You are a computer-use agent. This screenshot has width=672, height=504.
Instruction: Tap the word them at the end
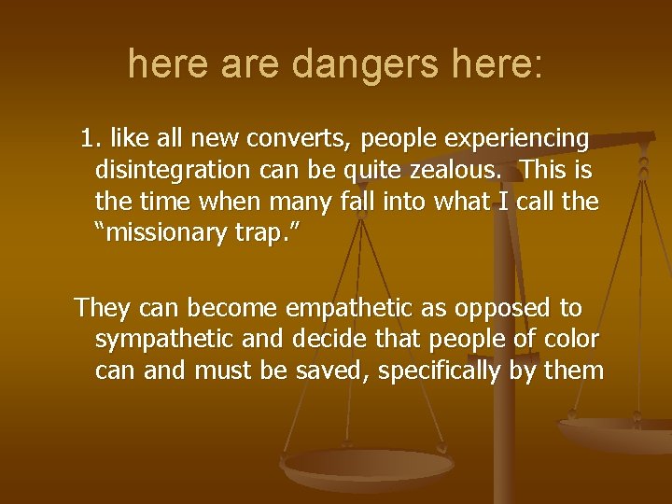(x=574, y=371)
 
